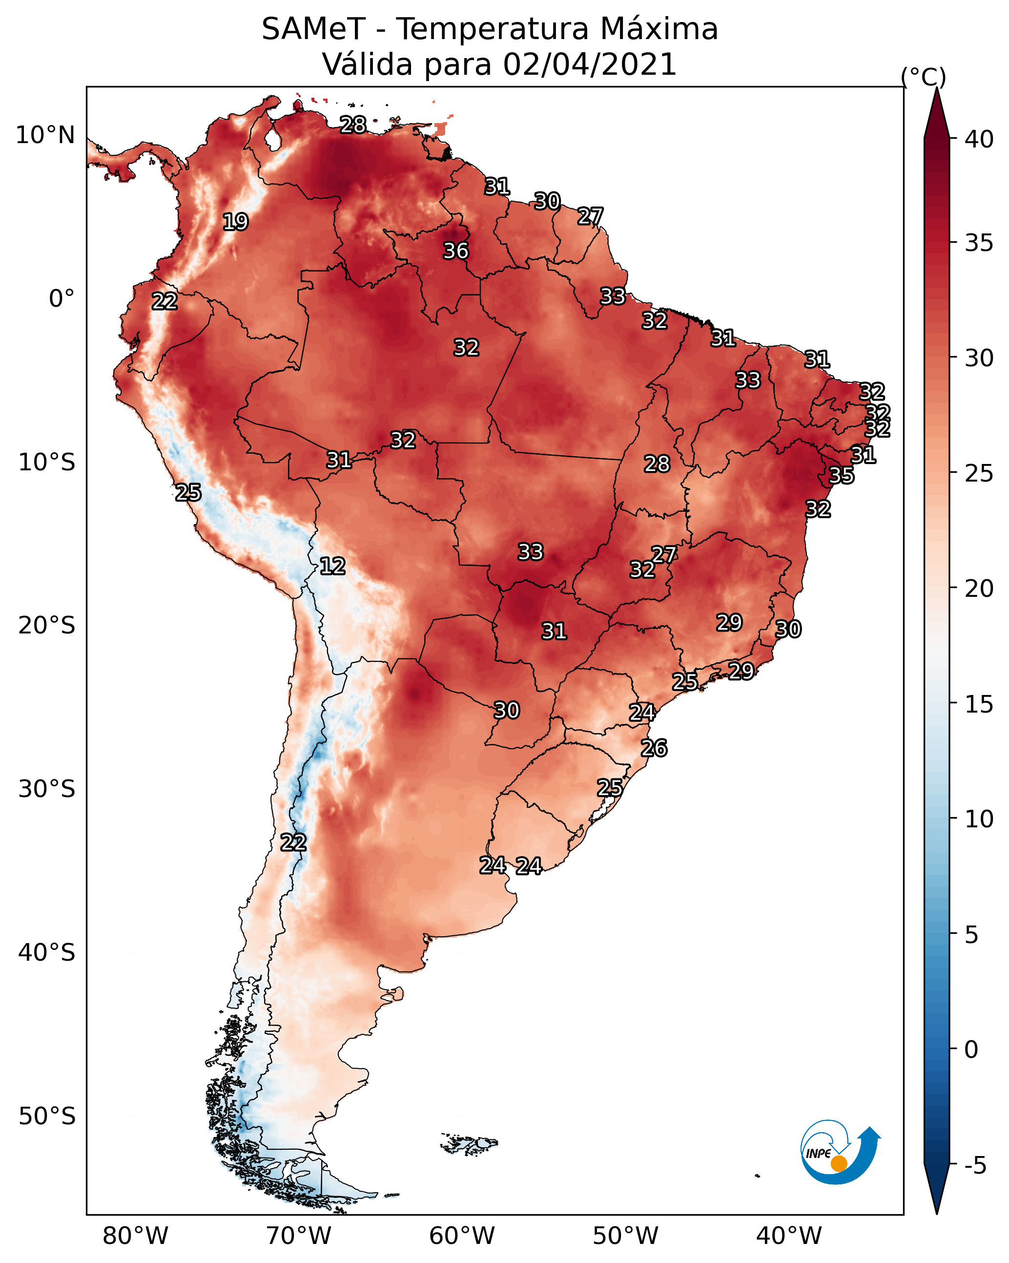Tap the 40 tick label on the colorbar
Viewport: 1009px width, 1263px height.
click(979, 139)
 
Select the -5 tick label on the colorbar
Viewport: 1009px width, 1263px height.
click(976, 1165)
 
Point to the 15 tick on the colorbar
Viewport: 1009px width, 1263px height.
click(979, 704)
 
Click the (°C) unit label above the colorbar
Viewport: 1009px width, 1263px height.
click(923, 77)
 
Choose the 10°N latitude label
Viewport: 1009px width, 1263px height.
click(45, 135)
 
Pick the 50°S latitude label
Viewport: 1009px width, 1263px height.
click(47, 1116)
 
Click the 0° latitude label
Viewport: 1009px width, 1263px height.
click(62, 299)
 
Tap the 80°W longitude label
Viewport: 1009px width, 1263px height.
click(135, 1236)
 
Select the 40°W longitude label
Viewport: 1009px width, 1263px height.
click(789, 1236)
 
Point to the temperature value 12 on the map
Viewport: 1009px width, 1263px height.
click(332, 566)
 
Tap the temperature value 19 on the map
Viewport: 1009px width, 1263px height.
click(235, 222)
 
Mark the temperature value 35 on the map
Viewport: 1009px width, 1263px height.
click(842, 476)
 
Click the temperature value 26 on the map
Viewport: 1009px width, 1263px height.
click(654, 748)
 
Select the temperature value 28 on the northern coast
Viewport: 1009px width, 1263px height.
click(353, 125)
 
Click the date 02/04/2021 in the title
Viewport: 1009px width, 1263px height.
click(589, 64)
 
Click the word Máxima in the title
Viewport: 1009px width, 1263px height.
click(659, 29)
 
